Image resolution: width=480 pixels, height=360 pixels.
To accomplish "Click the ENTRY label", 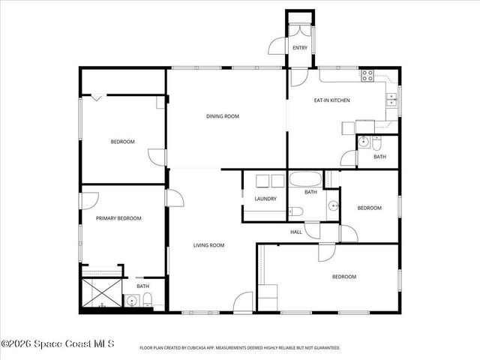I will (x=300, y=48).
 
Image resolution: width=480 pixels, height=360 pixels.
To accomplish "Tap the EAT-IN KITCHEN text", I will (x=331, y=100).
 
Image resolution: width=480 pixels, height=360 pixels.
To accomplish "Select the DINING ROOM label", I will (x=223, y=116).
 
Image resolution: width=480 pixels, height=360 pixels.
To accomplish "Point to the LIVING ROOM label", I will (x=209, y=245).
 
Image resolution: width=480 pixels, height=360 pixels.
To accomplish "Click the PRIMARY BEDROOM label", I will (x=118, y=218).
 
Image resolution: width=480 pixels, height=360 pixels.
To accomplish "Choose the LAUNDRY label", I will (x=265, y=199).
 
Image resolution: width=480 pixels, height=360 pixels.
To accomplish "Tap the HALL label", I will (x=296, y=232).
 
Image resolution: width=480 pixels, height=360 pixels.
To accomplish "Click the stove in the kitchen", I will (x=367, y=75).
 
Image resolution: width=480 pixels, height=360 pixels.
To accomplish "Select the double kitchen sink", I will (x=391, y=97).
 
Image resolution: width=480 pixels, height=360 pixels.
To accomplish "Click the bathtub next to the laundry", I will (x=305, y=180).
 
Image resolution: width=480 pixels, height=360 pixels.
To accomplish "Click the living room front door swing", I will (x=243, y=303).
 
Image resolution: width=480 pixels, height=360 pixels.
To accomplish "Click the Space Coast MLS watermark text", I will (x=58, y=344).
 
